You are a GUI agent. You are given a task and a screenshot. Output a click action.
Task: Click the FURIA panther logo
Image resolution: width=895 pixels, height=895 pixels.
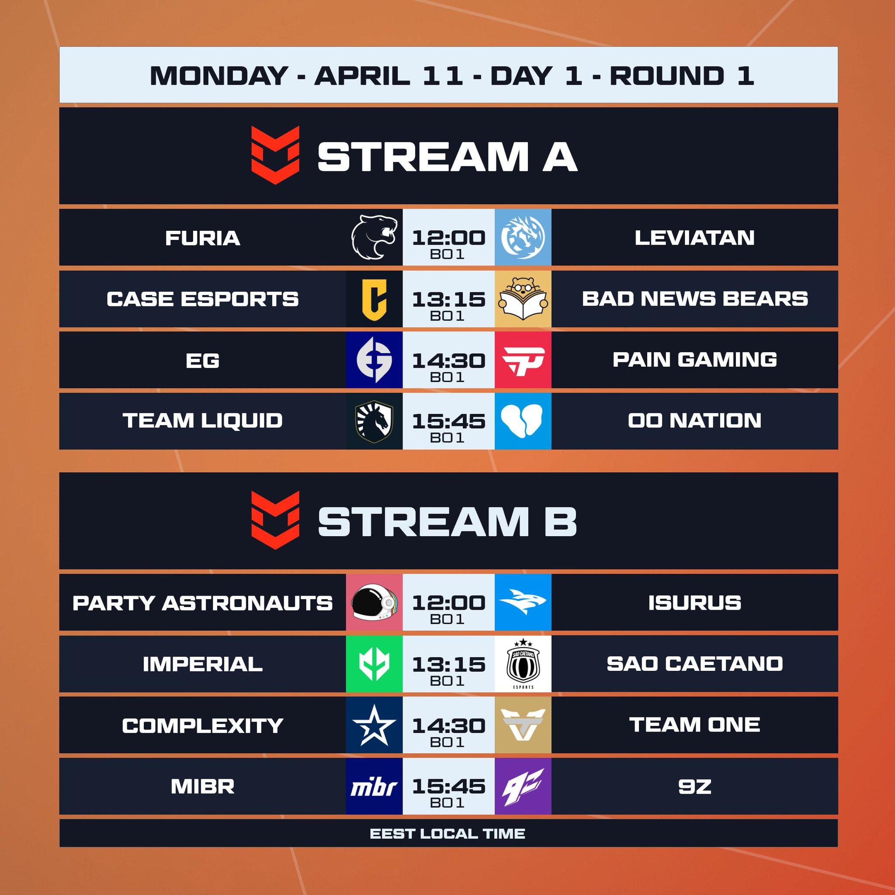[374, 237]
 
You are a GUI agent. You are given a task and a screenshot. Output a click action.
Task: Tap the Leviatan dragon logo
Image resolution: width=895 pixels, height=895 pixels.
[523, 237]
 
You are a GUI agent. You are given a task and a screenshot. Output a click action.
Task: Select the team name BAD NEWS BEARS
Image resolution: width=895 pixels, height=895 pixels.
[694, 299]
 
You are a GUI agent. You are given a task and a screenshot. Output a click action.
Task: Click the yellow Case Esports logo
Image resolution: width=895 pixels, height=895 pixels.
[374, 299]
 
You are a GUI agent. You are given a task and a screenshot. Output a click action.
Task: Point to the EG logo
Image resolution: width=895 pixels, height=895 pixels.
[374, 360]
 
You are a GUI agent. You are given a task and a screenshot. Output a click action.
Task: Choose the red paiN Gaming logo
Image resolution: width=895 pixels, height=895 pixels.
[523, 360]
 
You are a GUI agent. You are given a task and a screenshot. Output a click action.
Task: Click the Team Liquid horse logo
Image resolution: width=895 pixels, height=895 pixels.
[374, 421]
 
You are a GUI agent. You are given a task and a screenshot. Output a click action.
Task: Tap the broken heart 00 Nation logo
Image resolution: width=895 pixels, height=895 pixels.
[523, 421]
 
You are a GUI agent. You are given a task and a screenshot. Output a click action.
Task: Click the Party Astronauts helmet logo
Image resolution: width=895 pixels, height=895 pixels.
[374, 602]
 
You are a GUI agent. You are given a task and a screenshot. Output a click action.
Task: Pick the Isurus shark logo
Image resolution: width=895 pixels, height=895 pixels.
[523, 602]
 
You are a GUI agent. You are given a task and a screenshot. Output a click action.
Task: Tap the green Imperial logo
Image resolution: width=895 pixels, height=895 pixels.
[374, 664]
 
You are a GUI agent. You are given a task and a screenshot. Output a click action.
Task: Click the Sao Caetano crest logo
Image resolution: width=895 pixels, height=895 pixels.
[523, 664]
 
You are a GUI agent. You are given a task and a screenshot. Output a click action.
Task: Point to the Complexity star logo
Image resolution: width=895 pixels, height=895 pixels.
[374, 725]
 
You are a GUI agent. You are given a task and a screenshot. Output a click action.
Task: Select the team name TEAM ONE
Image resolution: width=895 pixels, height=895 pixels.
[694, 725]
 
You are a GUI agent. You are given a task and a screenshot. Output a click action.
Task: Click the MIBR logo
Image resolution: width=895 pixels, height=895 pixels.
[374, 786]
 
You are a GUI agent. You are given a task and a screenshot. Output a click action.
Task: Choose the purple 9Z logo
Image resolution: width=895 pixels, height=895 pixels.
[523, 786]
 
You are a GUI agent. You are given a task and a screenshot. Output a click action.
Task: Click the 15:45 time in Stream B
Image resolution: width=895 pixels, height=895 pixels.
[448, 786]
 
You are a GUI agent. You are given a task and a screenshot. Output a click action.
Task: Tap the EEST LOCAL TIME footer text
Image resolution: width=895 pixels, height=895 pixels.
[447, 834]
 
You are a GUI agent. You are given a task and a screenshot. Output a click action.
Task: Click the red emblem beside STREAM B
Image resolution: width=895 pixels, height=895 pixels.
[275, 520]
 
